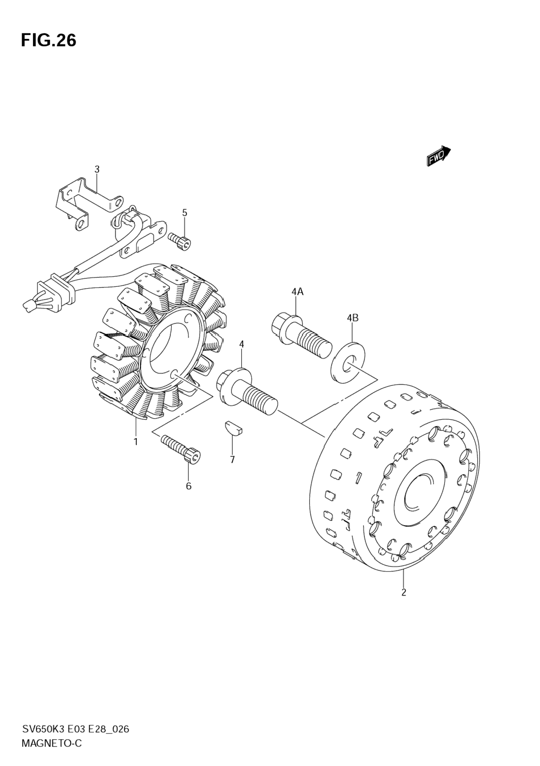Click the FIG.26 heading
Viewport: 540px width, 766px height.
pyautogui.click(x=49, y=40)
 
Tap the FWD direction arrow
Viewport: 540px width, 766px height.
pyautogui.click(x=438, y=156)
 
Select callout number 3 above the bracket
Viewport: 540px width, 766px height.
pyautogui.click(x=97, y=169)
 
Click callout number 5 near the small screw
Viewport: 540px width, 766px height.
pyautogui.click(x=185, y=213)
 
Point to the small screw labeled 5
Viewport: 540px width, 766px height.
pyautogui.click(x=180, y=241)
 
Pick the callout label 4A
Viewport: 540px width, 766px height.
pyautogui.click(x=297, y=292)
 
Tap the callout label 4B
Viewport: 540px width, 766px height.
pyautogui.click(x=352, y=318)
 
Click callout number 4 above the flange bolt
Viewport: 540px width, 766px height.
pyautogui.click(x=241, y=344)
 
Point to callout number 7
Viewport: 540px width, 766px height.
pyautogui.click(x=232, y=460)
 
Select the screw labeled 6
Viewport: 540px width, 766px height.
pyautogui.click(x=181, y=449)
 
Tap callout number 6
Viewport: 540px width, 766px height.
pyautogui.click(x=188, y=486)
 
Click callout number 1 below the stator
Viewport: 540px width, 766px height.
pyautogui.click(x=136, y=442)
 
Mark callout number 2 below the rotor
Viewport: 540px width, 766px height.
pyautogui.click(x=404, y=592)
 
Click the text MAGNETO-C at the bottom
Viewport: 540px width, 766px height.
pyautogui.click(x=51, y=743)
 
